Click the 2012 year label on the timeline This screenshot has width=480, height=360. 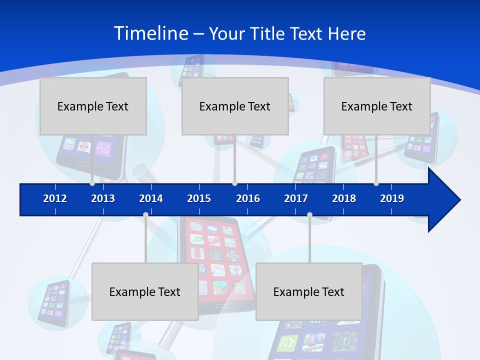55,198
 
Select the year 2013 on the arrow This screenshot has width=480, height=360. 103,198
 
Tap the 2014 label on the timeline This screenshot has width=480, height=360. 151,198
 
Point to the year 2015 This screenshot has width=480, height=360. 199,198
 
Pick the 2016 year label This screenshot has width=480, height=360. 248,198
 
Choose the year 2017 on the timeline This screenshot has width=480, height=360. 296,198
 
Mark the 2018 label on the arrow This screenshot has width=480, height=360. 344,198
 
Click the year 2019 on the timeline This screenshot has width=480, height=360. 392,198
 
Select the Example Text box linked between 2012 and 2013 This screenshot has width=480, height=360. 93,106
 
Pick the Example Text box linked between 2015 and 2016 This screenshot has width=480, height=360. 235,106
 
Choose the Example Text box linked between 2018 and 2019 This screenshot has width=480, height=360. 377,106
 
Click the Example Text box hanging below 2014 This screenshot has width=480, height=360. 145,291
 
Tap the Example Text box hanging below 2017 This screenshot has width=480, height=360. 309,291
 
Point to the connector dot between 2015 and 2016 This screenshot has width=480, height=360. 234,183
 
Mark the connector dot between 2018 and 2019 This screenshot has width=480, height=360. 376,183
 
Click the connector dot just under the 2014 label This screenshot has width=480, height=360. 145,215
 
